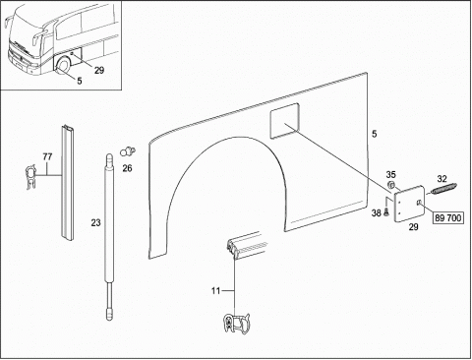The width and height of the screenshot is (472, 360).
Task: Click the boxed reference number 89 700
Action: (448, 218)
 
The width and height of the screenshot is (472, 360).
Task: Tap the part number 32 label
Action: (442, 179)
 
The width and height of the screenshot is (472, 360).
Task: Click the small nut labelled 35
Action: (390, 184)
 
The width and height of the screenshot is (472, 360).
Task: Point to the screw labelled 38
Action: (385, 212)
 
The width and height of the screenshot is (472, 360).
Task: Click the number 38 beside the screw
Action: (376, 213)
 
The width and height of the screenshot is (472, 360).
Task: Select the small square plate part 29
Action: (409, 204)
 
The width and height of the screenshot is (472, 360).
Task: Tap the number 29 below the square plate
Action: (413, 227)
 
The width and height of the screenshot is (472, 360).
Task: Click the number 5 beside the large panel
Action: (375, 134)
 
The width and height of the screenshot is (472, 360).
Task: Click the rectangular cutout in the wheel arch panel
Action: (284, 120)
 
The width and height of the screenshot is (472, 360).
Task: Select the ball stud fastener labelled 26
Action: (128, 151)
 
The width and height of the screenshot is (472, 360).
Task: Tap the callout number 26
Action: (127, 168)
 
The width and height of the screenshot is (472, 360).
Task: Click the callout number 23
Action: (95, 223)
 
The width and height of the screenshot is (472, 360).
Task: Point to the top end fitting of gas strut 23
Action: (109, 159)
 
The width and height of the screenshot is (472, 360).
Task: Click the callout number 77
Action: (47, 157)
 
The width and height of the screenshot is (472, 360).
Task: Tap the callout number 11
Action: (215, 291)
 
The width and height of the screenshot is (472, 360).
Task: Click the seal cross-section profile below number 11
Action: (236, 324)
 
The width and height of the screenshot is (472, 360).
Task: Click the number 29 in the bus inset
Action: (99, 70)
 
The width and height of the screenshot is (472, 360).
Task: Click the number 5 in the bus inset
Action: (80, 81)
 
